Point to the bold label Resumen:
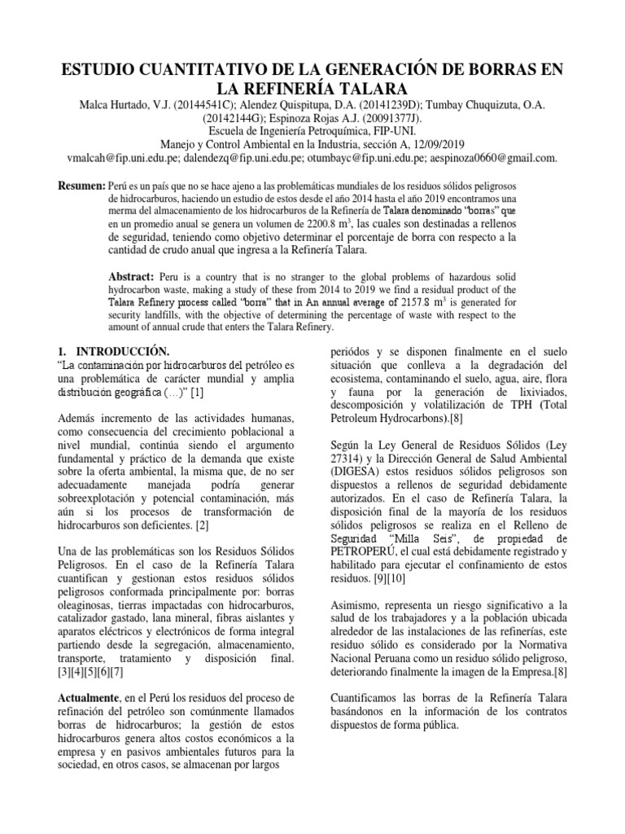81,187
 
